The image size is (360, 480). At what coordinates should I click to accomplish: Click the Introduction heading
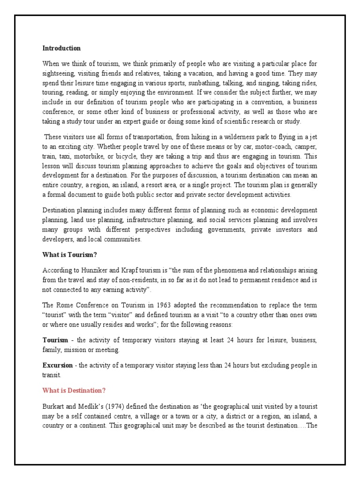coord(61,48)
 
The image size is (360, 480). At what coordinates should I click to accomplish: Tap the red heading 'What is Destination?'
coord(74,390)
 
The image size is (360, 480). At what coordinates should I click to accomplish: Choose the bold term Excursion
coord(58,365)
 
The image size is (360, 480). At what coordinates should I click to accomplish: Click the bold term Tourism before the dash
coord(55,339)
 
